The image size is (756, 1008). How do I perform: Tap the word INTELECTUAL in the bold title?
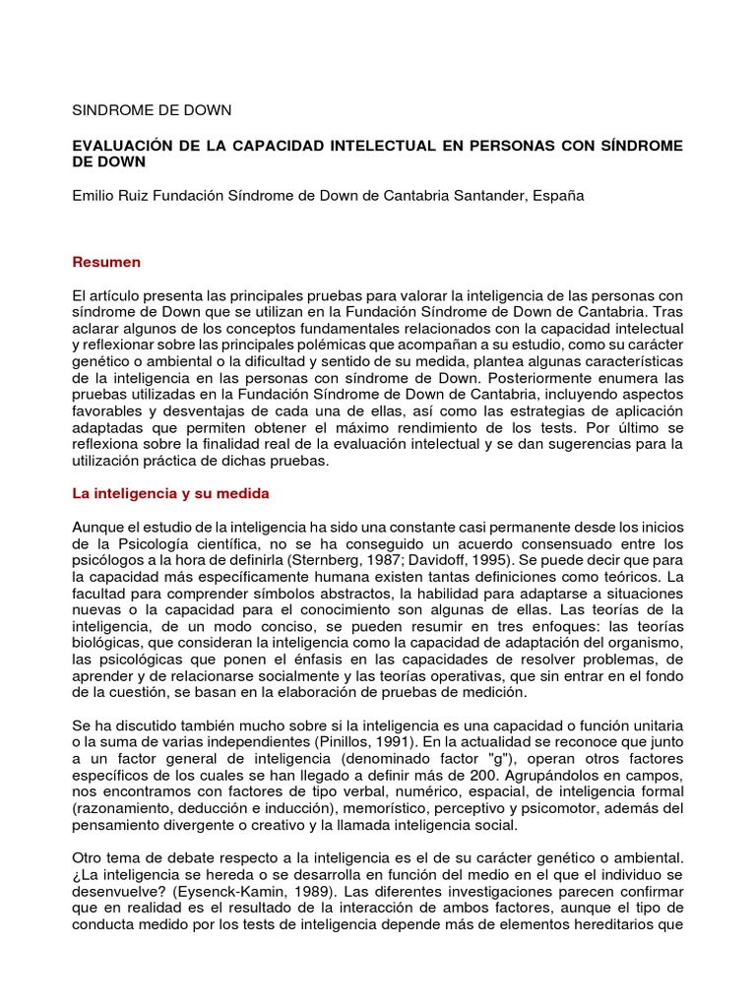click(392, 146)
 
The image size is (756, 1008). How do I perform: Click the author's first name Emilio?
click(94, 195)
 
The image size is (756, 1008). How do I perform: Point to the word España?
click(558, 195)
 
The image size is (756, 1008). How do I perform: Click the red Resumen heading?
click(107, 262)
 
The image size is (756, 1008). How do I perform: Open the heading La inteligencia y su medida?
click(171, 492)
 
